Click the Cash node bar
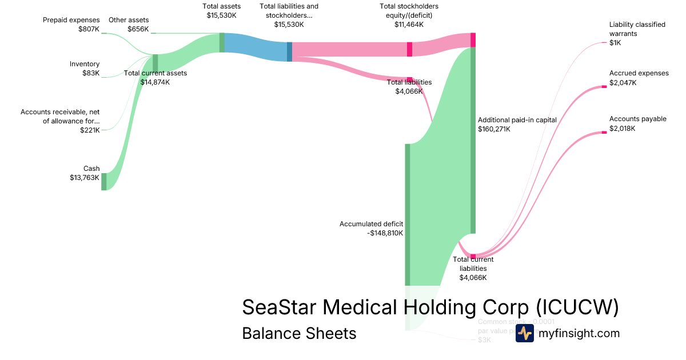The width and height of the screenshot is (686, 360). (104, 181)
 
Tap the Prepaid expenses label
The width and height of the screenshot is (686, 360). (71, 20)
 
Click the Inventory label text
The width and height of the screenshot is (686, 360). (85, 64)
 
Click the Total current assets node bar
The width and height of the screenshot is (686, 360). (155, 63)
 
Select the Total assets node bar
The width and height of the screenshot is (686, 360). (222, 42)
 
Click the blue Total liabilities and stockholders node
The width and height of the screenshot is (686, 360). (289, 51)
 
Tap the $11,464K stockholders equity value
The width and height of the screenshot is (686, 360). (409, 25)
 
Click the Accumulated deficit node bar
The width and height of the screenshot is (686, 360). (408, 214)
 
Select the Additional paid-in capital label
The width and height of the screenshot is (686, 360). (517, 120)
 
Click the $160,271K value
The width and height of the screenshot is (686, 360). (494, 129)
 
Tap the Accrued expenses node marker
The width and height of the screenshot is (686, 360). (604, 86)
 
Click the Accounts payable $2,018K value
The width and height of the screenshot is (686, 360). (623, 129)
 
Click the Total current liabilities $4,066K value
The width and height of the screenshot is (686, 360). (473, 278)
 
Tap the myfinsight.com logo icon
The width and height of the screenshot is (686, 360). (524, 333)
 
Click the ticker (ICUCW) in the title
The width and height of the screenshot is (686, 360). (577, 307)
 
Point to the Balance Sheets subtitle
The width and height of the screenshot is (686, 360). (299, 333)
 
